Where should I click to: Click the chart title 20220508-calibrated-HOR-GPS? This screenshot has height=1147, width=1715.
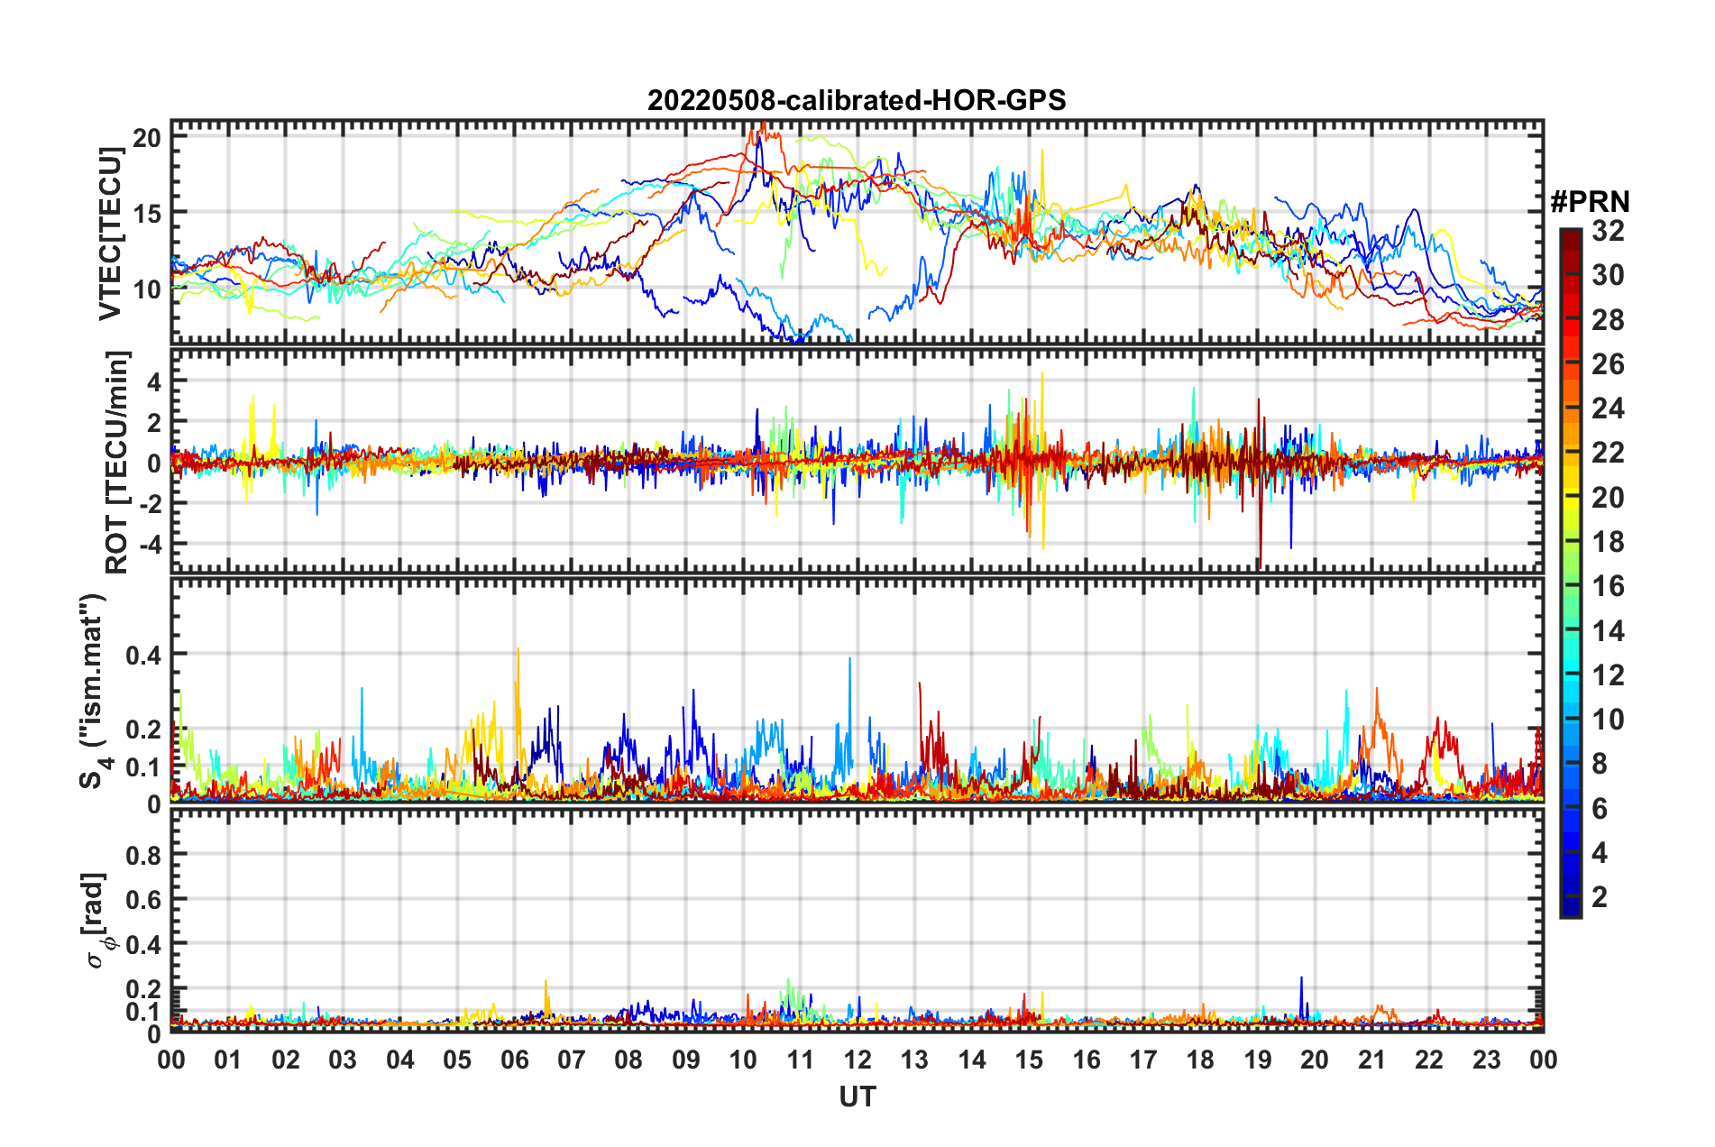(857, 100)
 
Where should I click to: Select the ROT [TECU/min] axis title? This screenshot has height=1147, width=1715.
(117, 463)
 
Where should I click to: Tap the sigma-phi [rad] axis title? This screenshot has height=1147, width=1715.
(96, 920)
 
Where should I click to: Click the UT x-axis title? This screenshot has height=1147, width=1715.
(857, 1097)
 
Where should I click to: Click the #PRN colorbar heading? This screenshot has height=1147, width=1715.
(1590, 202)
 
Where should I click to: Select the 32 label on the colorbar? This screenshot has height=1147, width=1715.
(1608, 231)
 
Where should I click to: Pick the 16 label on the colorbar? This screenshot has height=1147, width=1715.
(1608, 586)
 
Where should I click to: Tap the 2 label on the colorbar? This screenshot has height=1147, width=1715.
(1600, 896)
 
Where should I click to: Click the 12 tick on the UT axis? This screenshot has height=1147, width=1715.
(857, 1060)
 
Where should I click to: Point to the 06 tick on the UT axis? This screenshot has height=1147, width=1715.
(515, 1060)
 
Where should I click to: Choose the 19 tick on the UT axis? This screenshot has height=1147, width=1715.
(1258, 1060)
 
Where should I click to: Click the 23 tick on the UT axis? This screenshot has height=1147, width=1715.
(1486, 1060)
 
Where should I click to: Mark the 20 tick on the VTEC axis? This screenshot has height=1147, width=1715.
(146, 138)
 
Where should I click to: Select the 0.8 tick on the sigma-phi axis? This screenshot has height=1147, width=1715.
(143, 855)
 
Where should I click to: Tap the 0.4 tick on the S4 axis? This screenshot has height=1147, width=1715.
(143, 655)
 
